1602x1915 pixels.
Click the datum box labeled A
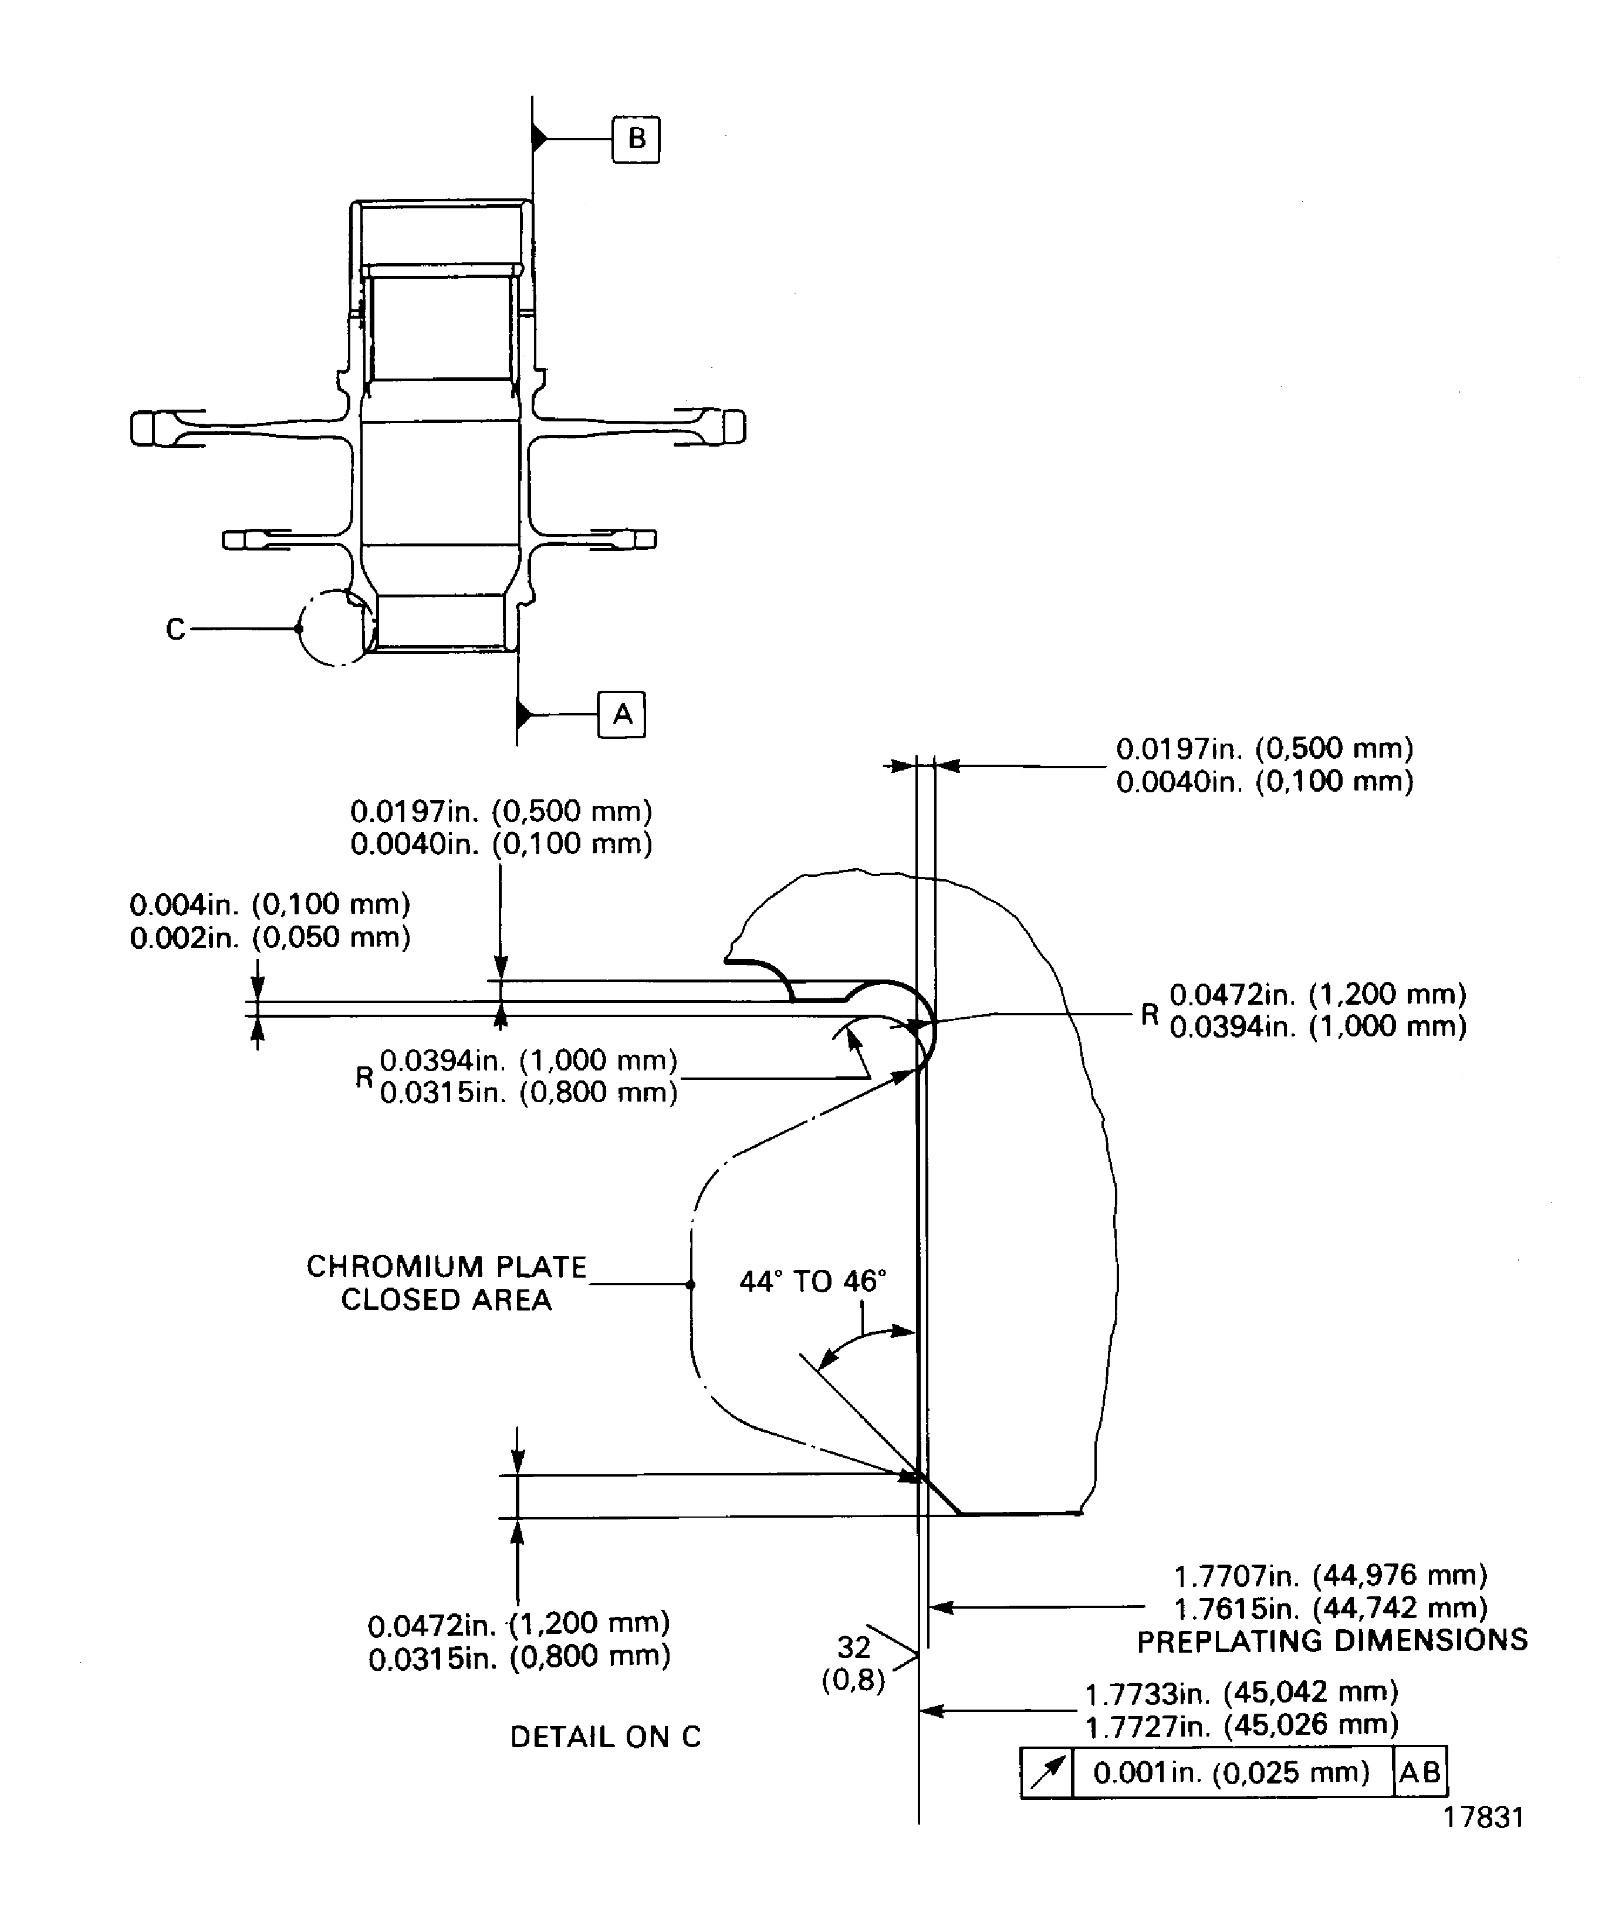pos(622,714)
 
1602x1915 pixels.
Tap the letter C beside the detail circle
pos(175,629)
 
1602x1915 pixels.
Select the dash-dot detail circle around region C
pos(302,629)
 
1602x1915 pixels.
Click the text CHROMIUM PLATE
pos(446,1266)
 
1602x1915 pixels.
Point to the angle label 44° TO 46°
pos(812,1281)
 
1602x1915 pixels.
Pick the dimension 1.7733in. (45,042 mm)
pos(1241,1693)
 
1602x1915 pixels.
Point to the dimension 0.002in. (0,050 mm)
pos(270,937)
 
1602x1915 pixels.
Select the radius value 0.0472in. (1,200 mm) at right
pos(1317,994)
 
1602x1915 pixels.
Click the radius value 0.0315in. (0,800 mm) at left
pos(529,1092)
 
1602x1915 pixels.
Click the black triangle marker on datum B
pos(539,139)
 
